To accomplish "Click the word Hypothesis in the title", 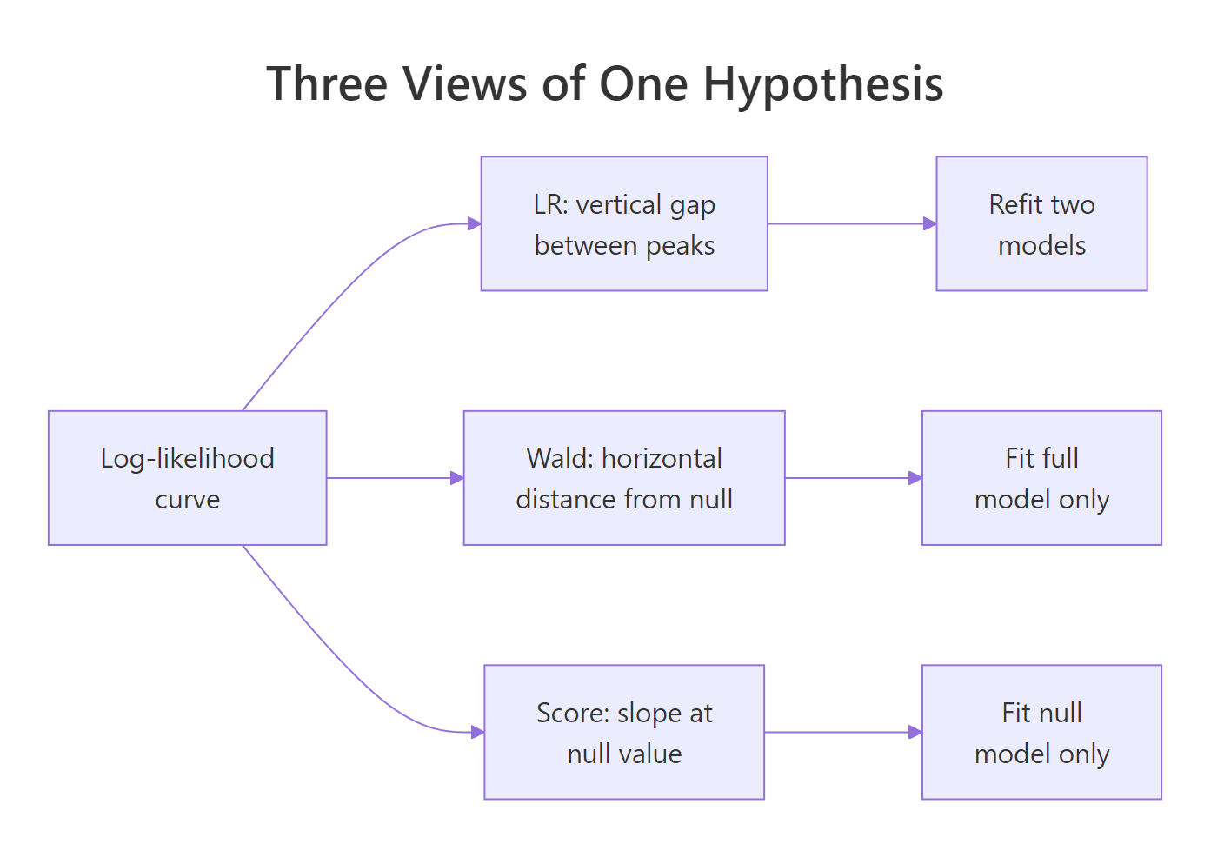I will tap(822, 84).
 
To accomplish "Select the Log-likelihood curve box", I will tap(187, 478).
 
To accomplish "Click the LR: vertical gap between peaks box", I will tap(624, 223).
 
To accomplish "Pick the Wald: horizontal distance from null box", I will tap(624, 478).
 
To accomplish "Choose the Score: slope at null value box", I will tap(624, 732).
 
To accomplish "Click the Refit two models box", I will tap(1041, 223).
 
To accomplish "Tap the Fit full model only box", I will tap(1041, 478).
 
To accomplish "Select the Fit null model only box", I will tap(1041, 732).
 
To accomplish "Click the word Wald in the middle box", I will tap(559, 458).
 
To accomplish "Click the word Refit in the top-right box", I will tap(1014, 204).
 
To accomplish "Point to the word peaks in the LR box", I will tap(680, 246).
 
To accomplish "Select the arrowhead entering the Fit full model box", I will tap(915, 478).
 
